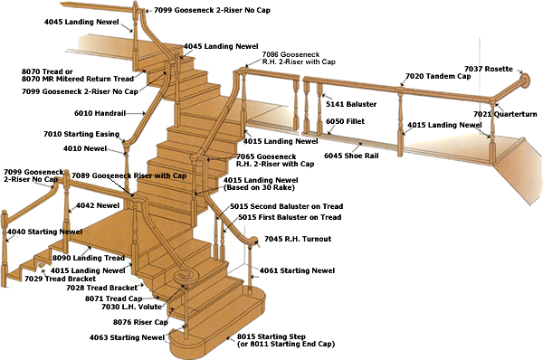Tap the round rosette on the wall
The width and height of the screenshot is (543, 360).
(525, 81)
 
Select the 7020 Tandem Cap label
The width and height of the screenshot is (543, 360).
(438, 76)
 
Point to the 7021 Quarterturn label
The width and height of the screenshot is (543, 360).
(505, 114)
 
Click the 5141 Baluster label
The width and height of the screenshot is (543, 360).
(351, 104)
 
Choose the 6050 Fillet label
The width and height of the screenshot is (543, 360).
(346, 121)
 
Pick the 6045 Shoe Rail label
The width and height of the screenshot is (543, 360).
(351, 156)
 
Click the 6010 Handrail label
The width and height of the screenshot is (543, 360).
(100, 113)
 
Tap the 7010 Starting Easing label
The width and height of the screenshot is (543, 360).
(81, 134)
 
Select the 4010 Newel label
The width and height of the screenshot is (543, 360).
(85, 148)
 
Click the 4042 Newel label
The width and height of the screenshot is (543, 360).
(98, 205)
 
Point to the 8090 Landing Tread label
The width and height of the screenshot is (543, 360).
(89, 258)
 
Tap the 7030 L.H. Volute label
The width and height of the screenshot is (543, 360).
(131, 307)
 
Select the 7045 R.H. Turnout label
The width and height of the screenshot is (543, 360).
(298, 239)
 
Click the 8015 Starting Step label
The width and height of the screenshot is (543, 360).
(271, 336)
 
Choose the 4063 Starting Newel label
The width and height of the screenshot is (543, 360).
(127, 337)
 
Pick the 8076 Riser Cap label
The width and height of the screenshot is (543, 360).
(140, 322)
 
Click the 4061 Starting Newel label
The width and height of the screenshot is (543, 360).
(297, 270)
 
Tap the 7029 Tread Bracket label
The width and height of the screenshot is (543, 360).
(61, 279)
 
